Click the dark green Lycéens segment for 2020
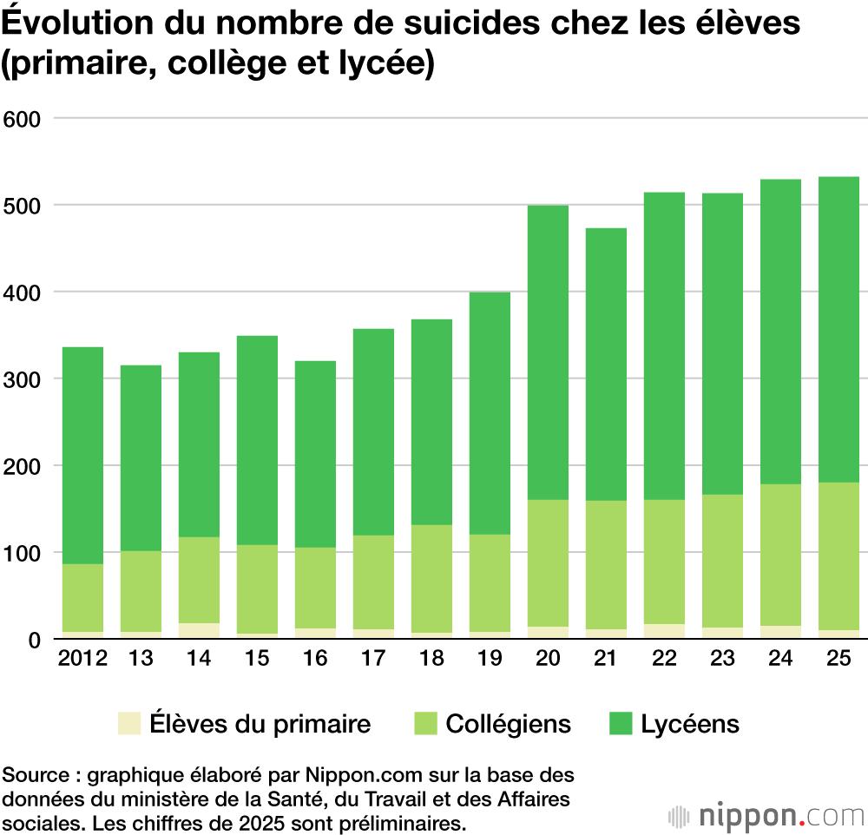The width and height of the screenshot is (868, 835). pyautogui.click(x=548, y=352)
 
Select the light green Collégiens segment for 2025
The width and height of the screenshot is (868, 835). pyautogui.click(x=838, y=556)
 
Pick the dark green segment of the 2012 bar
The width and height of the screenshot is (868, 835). pyautogui.click(x=82, y=456)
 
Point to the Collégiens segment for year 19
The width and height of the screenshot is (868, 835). pyautogui.click(x=490, y=583)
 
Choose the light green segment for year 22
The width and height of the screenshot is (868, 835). pyautogui.click(x=664, y=562)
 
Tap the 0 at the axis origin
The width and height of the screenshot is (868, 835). pyautogui.click(x=35, y=641)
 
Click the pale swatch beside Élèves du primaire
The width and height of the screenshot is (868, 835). pyautogui.click(x=129, y=724)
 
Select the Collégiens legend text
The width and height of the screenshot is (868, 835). pyautogui.click(x=509, y=724)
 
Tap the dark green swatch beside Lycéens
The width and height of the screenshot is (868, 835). pyautogui.click(x=621, y=724)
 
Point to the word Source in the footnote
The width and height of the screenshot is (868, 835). pyautogui.click(x=31, y=774)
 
